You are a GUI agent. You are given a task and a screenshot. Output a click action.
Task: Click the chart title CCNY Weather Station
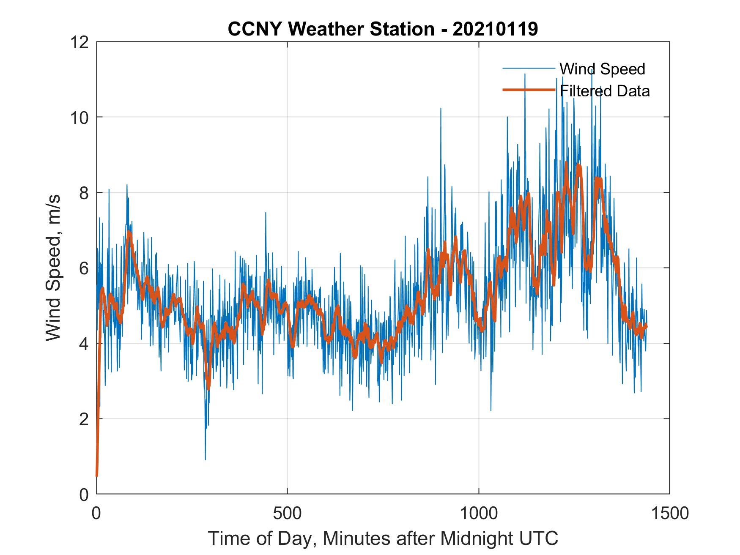tap(331, 29)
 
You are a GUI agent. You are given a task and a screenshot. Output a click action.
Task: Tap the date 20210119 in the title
tap(495, 29)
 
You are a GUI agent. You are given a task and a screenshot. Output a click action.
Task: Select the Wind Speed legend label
tap(602, 69)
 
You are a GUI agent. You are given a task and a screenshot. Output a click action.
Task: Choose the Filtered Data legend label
tap(605, 91)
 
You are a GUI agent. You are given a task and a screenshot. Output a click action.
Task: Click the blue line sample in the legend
tap(529, 68)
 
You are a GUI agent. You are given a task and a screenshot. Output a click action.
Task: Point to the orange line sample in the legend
tap(529, 90)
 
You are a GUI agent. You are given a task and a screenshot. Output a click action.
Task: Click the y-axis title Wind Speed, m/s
tap(53, 268)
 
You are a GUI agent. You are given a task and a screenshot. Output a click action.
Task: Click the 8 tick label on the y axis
tap(84, 193)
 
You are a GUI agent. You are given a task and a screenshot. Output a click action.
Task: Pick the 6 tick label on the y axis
tap(84, 268)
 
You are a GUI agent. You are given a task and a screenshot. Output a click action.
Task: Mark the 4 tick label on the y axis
tap(84, 344)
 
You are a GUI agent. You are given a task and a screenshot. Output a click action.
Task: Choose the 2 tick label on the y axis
tap(84, 419)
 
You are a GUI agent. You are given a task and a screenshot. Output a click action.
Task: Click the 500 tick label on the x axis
tap(287, 513)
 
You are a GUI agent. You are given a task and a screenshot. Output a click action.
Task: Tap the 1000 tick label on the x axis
tap(479, 513)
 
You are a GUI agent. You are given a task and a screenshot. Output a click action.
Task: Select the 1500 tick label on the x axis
tap(669, 513)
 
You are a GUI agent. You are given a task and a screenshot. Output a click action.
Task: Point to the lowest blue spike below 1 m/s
tap(206, 459)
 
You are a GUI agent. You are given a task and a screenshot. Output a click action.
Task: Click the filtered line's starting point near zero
tap(97, 476)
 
